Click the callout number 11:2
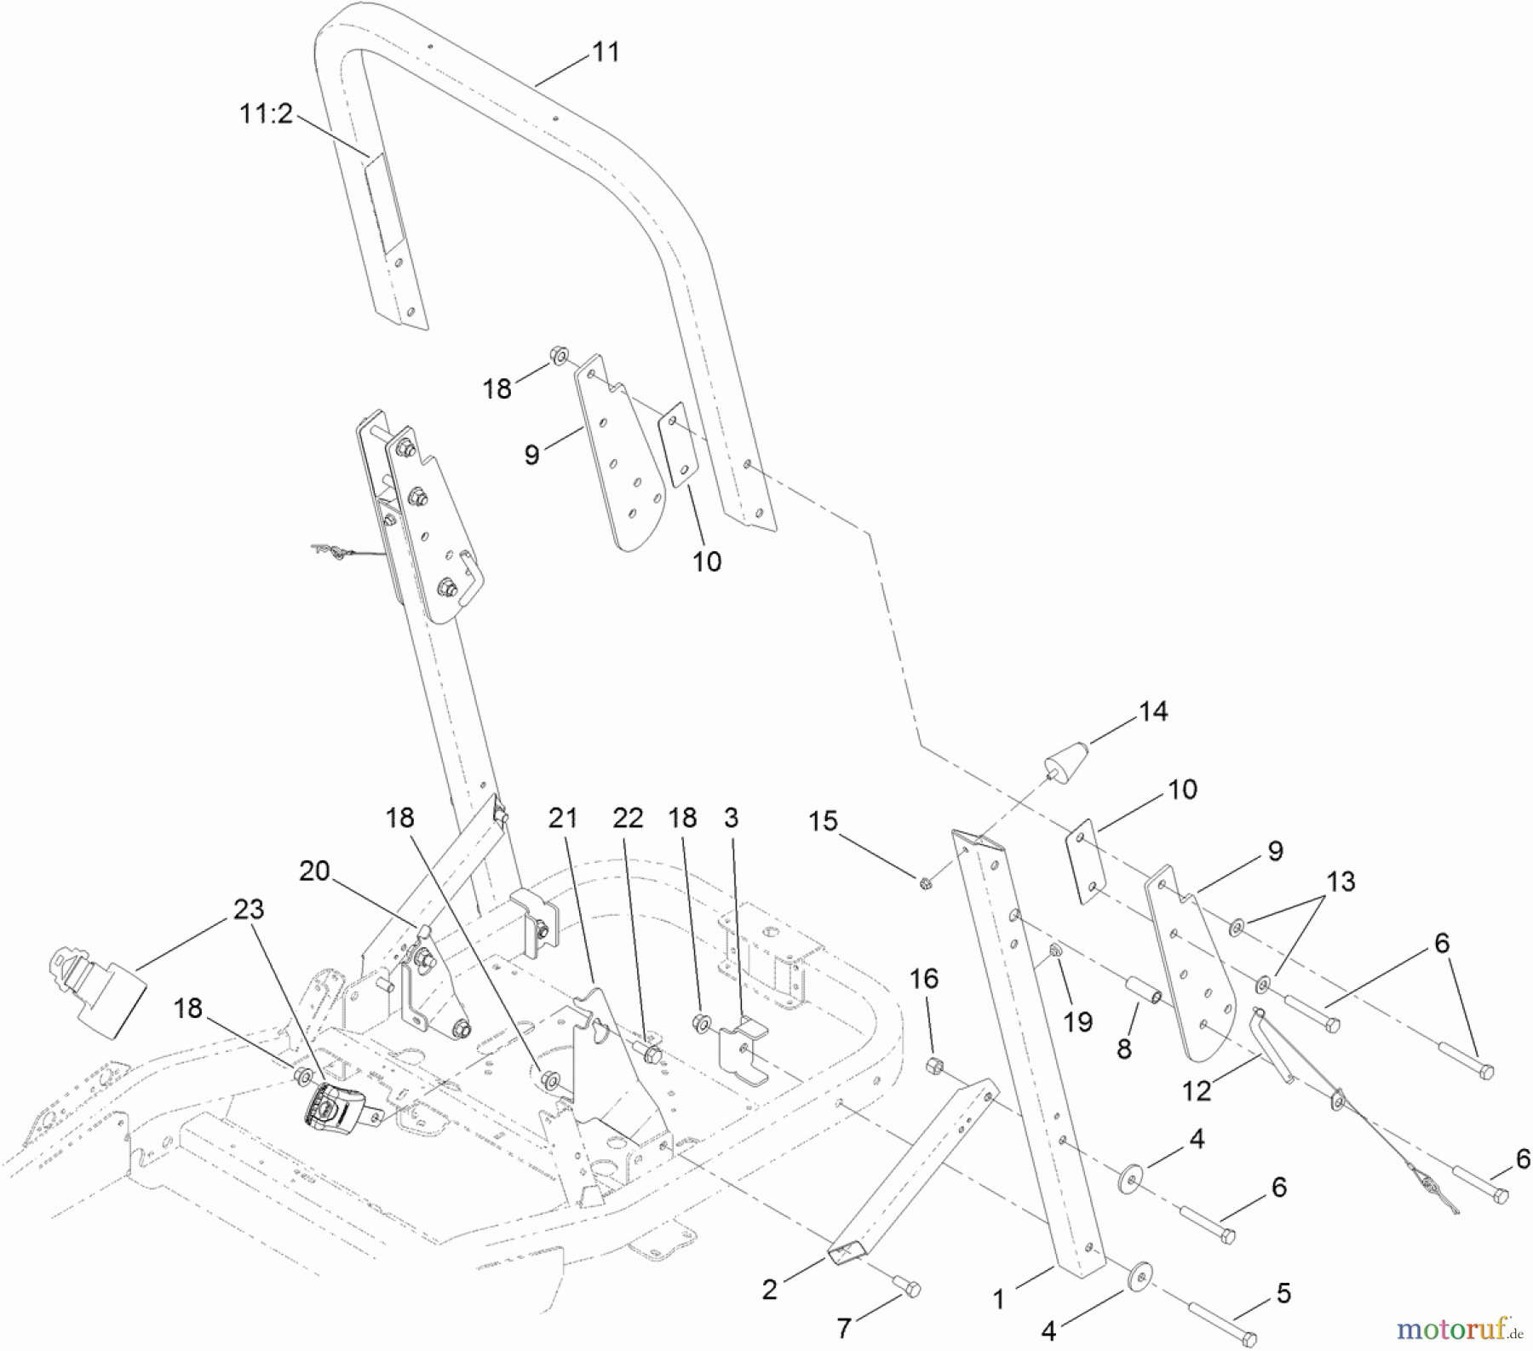(265, 113)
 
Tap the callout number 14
(1153, 711)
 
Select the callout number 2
(769, 1289)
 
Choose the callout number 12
(1197, 1090)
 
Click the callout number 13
(1341, 882)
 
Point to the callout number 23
(249, 909)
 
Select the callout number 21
(563, 818)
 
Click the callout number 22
(629, 818)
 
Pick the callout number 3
(731, 818)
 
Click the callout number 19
(1077, 1021)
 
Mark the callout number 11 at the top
(606, 52)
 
